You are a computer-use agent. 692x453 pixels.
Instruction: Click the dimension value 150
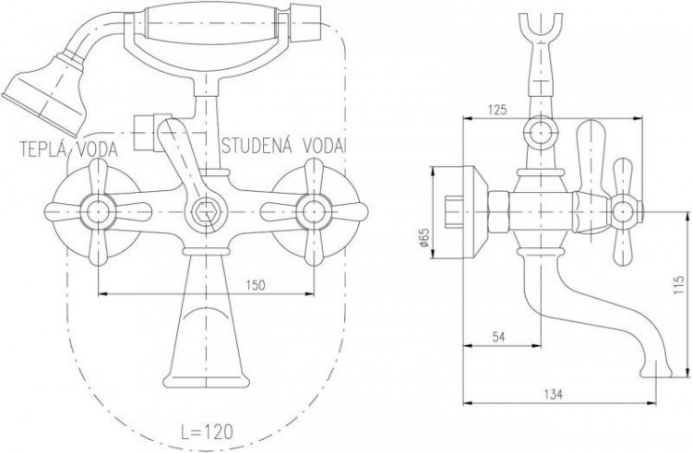tap(256, 285)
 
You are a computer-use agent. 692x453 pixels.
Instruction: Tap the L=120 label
tap(207, 432)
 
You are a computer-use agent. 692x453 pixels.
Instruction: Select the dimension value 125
tap(497, 110)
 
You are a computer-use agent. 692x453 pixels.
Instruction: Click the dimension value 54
tap(498, 337)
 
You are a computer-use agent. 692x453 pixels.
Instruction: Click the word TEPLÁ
tap(42, 150)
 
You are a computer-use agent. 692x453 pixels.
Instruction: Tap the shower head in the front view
tap(44, 94)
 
